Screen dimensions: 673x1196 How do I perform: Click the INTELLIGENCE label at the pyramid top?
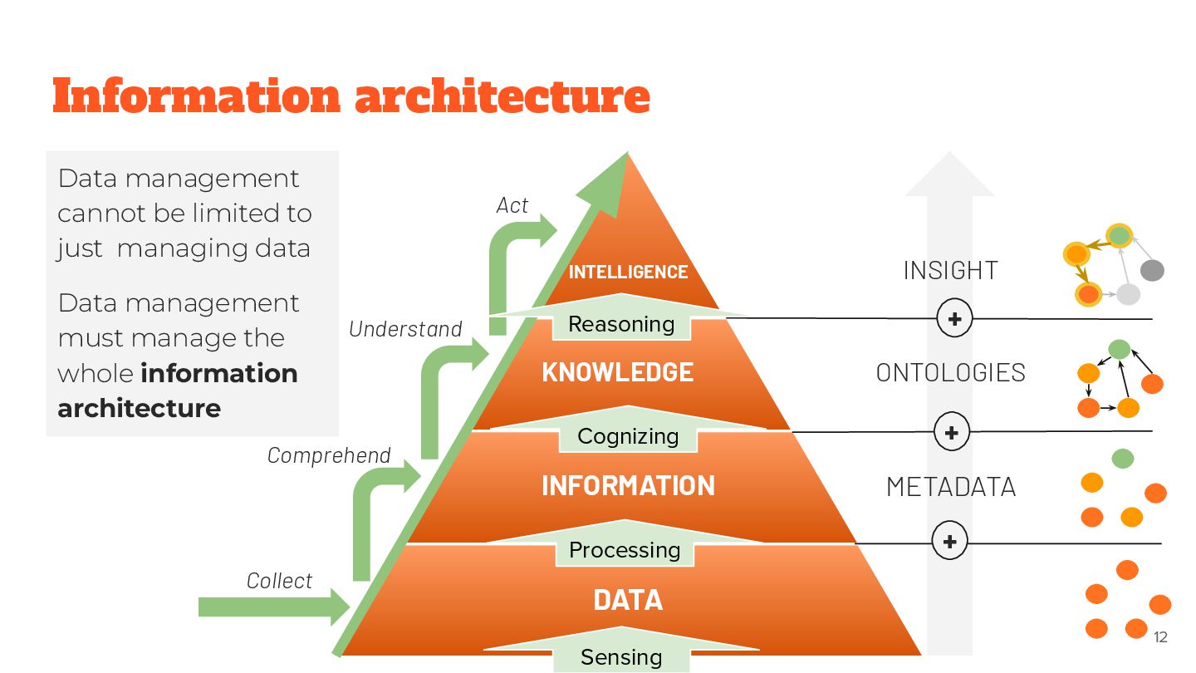coord(628,272)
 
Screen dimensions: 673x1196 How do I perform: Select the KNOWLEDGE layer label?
coord(617,372)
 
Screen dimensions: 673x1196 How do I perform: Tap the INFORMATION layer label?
coord(628,485)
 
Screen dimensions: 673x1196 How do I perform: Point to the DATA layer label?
coord(628,600)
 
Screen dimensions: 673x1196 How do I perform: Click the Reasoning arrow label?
coord(621,324)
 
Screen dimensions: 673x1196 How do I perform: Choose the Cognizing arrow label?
coord(628,436)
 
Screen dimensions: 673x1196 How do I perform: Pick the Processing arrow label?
coord(625,550)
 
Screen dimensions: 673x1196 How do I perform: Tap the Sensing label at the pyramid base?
coord(621,657)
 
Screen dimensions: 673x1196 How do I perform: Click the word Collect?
coord(280,581)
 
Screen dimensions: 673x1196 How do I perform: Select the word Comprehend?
coord(329,455)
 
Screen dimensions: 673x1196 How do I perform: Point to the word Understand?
coord(405,329)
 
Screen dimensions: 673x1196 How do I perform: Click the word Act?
coord(512,205)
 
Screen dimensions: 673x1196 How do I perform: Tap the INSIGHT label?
coord(950,270)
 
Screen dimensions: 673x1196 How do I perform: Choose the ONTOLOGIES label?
coord(950,372)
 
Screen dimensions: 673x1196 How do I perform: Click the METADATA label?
coord(950,486)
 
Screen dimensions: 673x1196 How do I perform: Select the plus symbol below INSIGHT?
coord(954,318)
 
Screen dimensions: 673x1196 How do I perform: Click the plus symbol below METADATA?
coord(950,543)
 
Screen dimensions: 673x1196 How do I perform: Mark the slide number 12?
coord(1160,637)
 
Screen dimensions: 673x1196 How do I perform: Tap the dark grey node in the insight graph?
coord(1152,270)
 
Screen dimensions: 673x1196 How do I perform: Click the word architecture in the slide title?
coord(502,96)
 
